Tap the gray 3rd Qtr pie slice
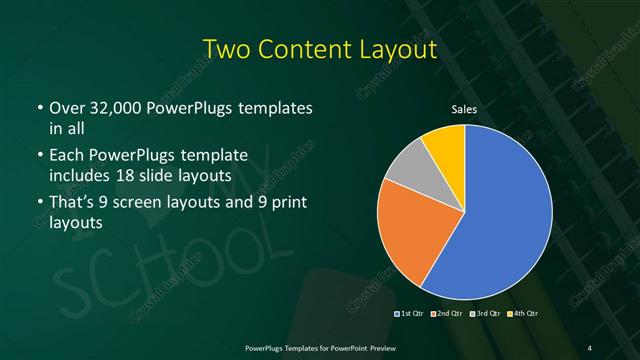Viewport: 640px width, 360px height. point(408,170)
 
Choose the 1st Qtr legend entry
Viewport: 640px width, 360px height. point(410,315)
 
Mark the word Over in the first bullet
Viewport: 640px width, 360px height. point(66,107)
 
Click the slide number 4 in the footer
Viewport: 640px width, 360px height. point(589,347)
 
